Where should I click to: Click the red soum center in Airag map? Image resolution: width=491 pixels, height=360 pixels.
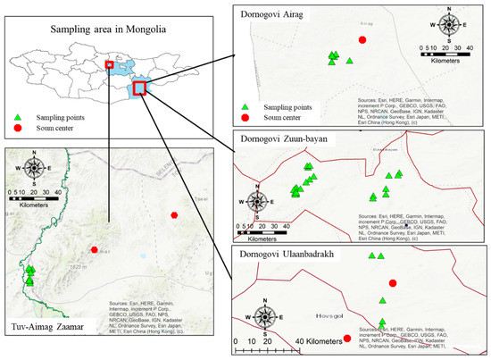[x=362, y=39]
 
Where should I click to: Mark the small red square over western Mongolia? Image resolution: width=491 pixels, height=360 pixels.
[x=109, y=64]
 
